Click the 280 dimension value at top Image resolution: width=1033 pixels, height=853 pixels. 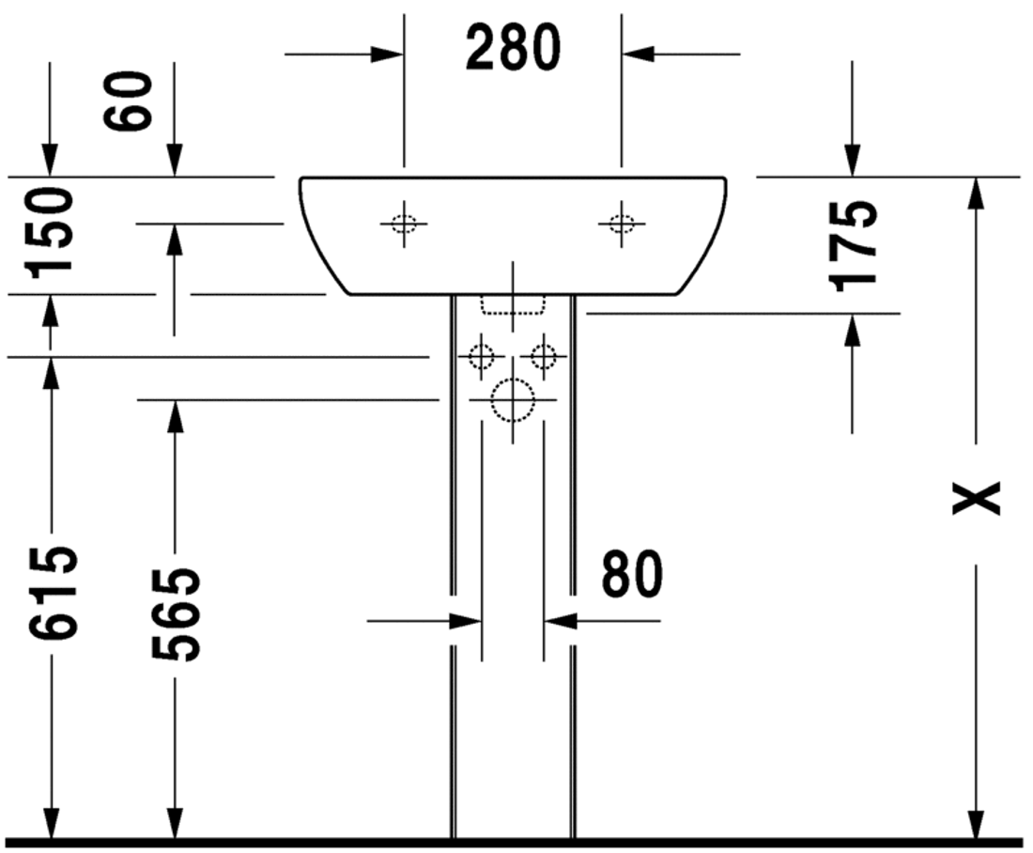[513, 47]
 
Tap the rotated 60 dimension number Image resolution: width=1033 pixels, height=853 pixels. [128, 101]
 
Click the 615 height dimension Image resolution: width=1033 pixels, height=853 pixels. [52, 593]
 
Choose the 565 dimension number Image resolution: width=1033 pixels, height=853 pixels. [176, 614]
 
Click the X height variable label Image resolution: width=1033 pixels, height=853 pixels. [977, 498]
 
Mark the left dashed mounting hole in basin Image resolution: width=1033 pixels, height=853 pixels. [404, 225]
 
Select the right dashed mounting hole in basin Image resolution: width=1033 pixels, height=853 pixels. [622, 225]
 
